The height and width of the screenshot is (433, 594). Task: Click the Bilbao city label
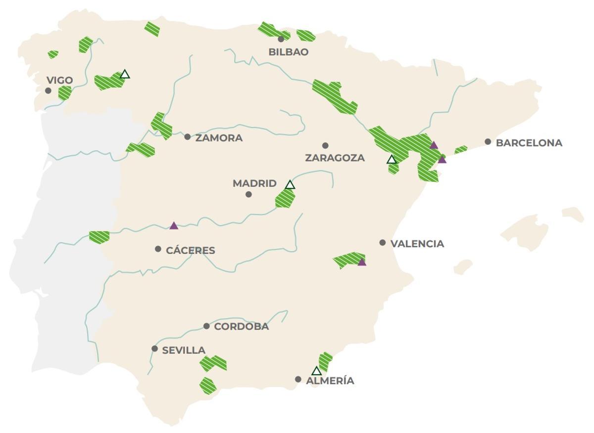[x=288, y=52]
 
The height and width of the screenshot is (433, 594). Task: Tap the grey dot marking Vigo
[x=48, y=90]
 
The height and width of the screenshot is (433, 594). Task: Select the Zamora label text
[x=219, y=138]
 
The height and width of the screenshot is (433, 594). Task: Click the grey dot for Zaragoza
[x=325, y=145]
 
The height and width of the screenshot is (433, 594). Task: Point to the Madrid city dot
[x=248, y=194]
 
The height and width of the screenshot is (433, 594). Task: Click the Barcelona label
[x=529, y=143]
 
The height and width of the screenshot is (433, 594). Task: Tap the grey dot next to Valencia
[x=383, y=242]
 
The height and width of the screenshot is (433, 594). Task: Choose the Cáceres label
[x=190, y=251]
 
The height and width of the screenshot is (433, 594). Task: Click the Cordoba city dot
[x=206, y=326]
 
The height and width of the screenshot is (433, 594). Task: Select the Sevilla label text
[x=184, y=350]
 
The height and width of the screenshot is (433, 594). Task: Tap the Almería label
[x=330, y=381]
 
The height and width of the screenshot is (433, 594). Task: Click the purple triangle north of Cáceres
[x=173, y=226]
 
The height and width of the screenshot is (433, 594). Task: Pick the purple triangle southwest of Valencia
[x=362, y=262]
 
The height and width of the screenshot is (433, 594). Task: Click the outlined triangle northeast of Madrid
[x=290, y=185]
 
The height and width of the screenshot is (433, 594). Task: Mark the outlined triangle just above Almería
[x=316, y=371]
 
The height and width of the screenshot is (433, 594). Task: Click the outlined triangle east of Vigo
[x=125, y=75]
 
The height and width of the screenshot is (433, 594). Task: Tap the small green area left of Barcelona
[x=461, y=149]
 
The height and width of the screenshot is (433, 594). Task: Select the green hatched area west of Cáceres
[x=99, y=237]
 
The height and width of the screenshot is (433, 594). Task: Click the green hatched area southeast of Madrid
[x=285, y=199]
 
